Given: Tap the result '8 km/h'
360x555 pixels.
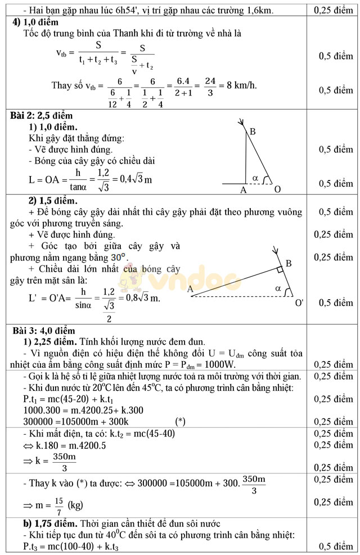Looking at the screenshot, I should coord(242,85).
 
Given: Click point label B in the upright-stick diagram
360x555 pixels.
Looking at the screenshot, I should coord(253,132).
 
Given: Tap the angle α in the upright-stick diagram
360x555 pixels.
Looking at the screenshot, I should coord(255,178).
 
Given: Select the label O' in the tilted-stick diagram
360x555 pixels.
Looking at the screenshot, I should coord(299,303).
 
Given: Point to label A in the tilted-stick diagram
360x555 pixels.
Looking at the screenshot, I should coord(190,290).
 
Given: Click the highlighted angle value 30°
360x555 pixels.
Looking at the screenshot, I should coord(118,257).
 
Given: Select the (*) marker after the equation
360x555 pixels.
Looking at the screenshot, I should coord(180,421).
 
